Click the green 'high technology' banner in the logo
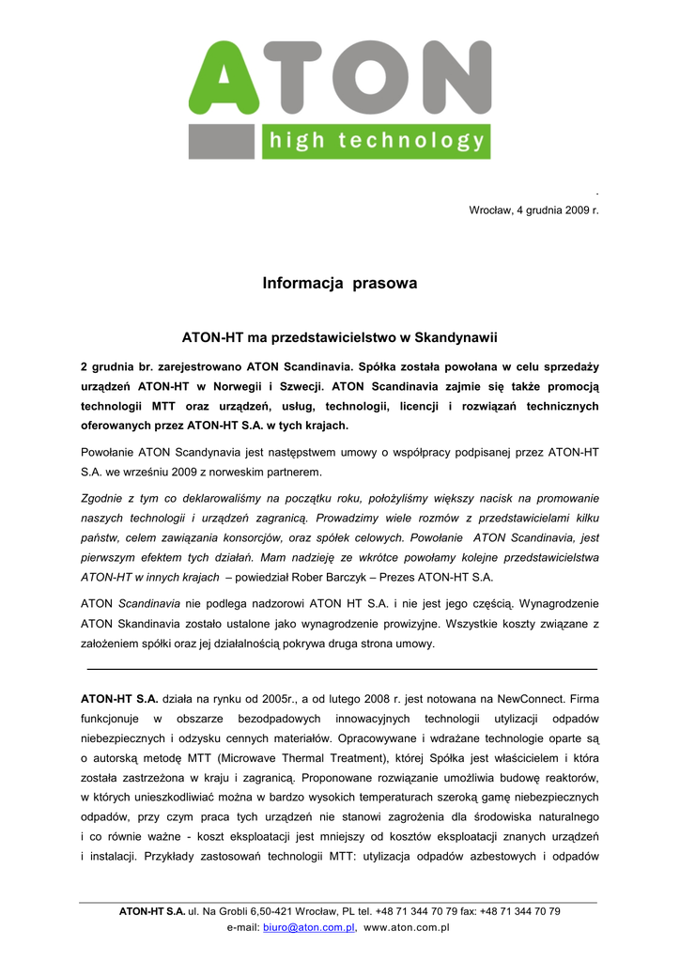(x=376, y=141)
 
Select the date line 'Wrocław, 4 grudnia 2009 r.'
(x=533, y=210)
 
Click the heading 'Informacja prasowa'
(x=339, y=283)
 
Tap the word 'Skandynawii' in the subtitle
(x=461, y=336)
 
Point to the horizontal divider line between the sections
(x=341, y=669)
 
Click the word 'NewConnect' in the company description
(x=534, y=699)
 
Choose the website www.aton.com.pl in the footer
(x=407, y=927)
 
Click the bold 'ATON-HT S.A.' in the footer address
(x=152, y=911)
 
